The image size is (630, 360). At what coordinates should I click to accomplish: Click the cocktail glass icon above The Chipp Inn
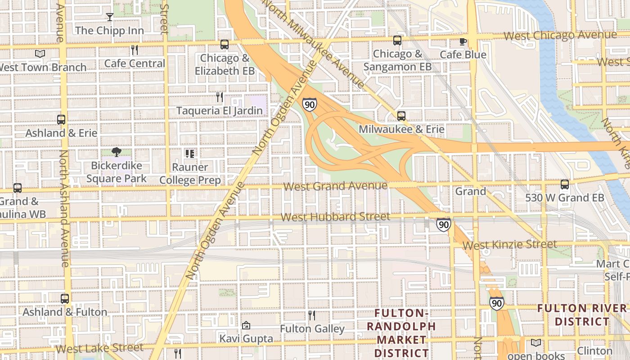109,17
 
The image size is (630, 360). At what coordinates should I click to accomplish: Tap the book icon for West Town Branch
40,54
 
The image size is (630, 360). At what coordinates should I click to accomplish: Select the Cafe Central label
135,63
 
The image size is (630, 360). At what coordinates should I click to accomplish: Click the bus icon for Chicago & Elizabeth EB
225,45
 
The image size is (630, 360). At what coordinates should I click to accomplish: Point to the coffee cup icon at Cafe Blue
463,41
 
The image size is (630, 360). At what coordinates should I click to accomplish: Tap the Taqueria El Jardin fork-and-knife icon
219,97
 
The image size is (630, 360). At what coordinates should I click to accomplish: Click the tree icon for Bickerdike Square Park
117,152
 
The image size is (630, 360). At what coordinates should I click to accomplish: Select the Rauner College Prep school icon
190,154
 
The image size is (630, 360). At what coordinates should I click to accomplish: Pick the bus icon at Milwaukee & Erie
401,116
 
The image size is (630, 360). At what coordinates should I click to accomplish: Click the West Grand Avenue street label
336,186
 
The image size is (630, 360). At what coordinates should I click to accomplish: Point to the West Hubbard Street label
335,217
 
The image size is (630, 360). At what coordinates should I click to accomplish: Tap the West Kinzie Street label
509,245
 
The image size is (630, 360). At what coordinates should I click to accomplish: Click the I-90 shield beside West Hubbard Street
443,225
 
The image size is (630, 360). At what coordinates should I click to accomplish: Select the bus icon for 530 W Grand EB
565,184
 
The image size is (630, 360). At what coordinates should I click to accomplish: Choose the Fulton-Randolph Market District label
401,333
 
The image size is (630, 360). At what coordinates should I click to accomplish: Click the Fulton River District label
582,315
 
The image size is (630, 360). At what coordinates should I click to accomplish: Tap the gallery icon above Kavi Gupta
246,325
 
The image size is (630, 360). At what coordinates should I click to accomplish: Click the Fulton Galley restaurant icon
312,315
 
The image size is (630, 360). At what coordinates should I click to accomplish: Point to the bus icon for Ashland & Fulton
65,298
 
